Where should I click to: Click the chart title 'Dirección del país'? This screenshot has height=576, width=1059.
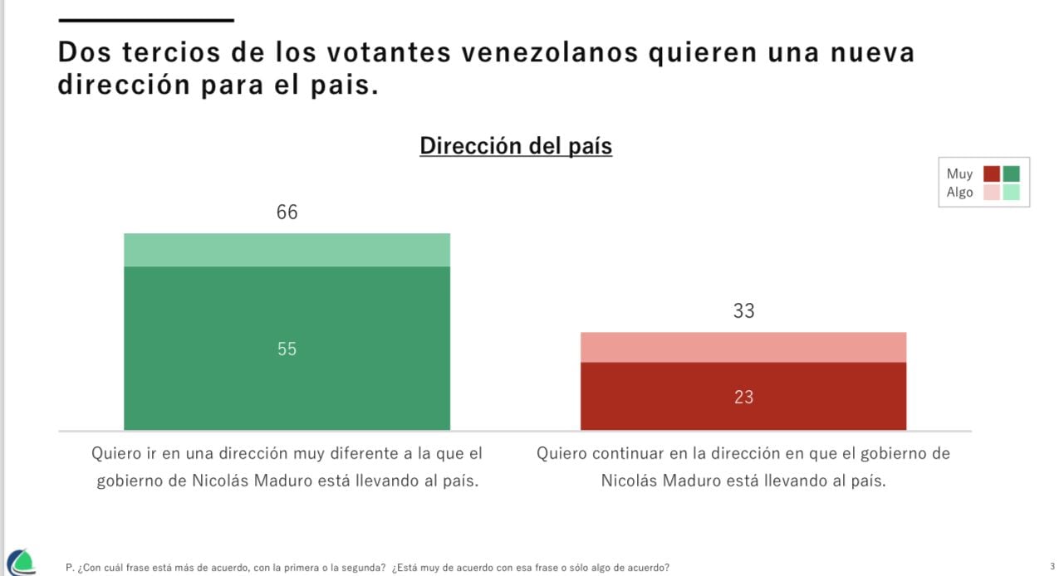(x=515, y=146)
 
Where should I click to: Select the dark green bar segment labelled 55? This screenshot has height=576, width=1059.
(x=287, y=382)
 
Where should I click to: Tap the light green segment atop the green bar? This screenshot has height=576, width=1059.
(x=287, y=250)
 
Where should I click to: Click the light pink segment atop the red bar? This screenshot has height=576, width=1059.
(x=743, y=347)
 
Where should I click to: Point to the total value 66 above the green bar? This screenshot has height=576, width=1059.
(x=287, y=212)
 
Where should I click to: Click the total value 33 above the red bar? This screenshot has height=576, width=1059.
(x=743, y=311)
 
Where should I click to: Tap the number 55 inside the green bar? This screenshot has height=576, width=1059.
(x=287, y=349)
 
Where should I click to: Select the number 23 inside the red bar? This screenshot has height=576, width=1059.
(x=743, y=398)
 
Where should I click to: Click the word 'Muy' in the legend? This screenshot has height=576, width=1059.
(x=959, y=174)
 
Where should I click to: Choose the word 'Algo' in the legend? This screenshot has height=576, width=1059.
(x=959, y=193)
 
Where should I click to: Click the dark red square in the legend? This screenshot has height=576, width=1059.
(x=992, y=174)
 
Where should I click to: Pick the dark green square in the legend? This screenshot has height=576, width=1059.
(x=1011, y=174)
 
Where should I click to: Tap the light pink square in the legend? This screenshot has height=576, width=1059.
(x=992, y=193)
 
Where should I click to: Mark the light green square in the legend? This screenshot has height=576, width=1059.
(x=1011, y=193)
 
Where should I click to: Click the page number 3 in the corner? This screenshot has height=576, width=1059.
(x=1052, y=566)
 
